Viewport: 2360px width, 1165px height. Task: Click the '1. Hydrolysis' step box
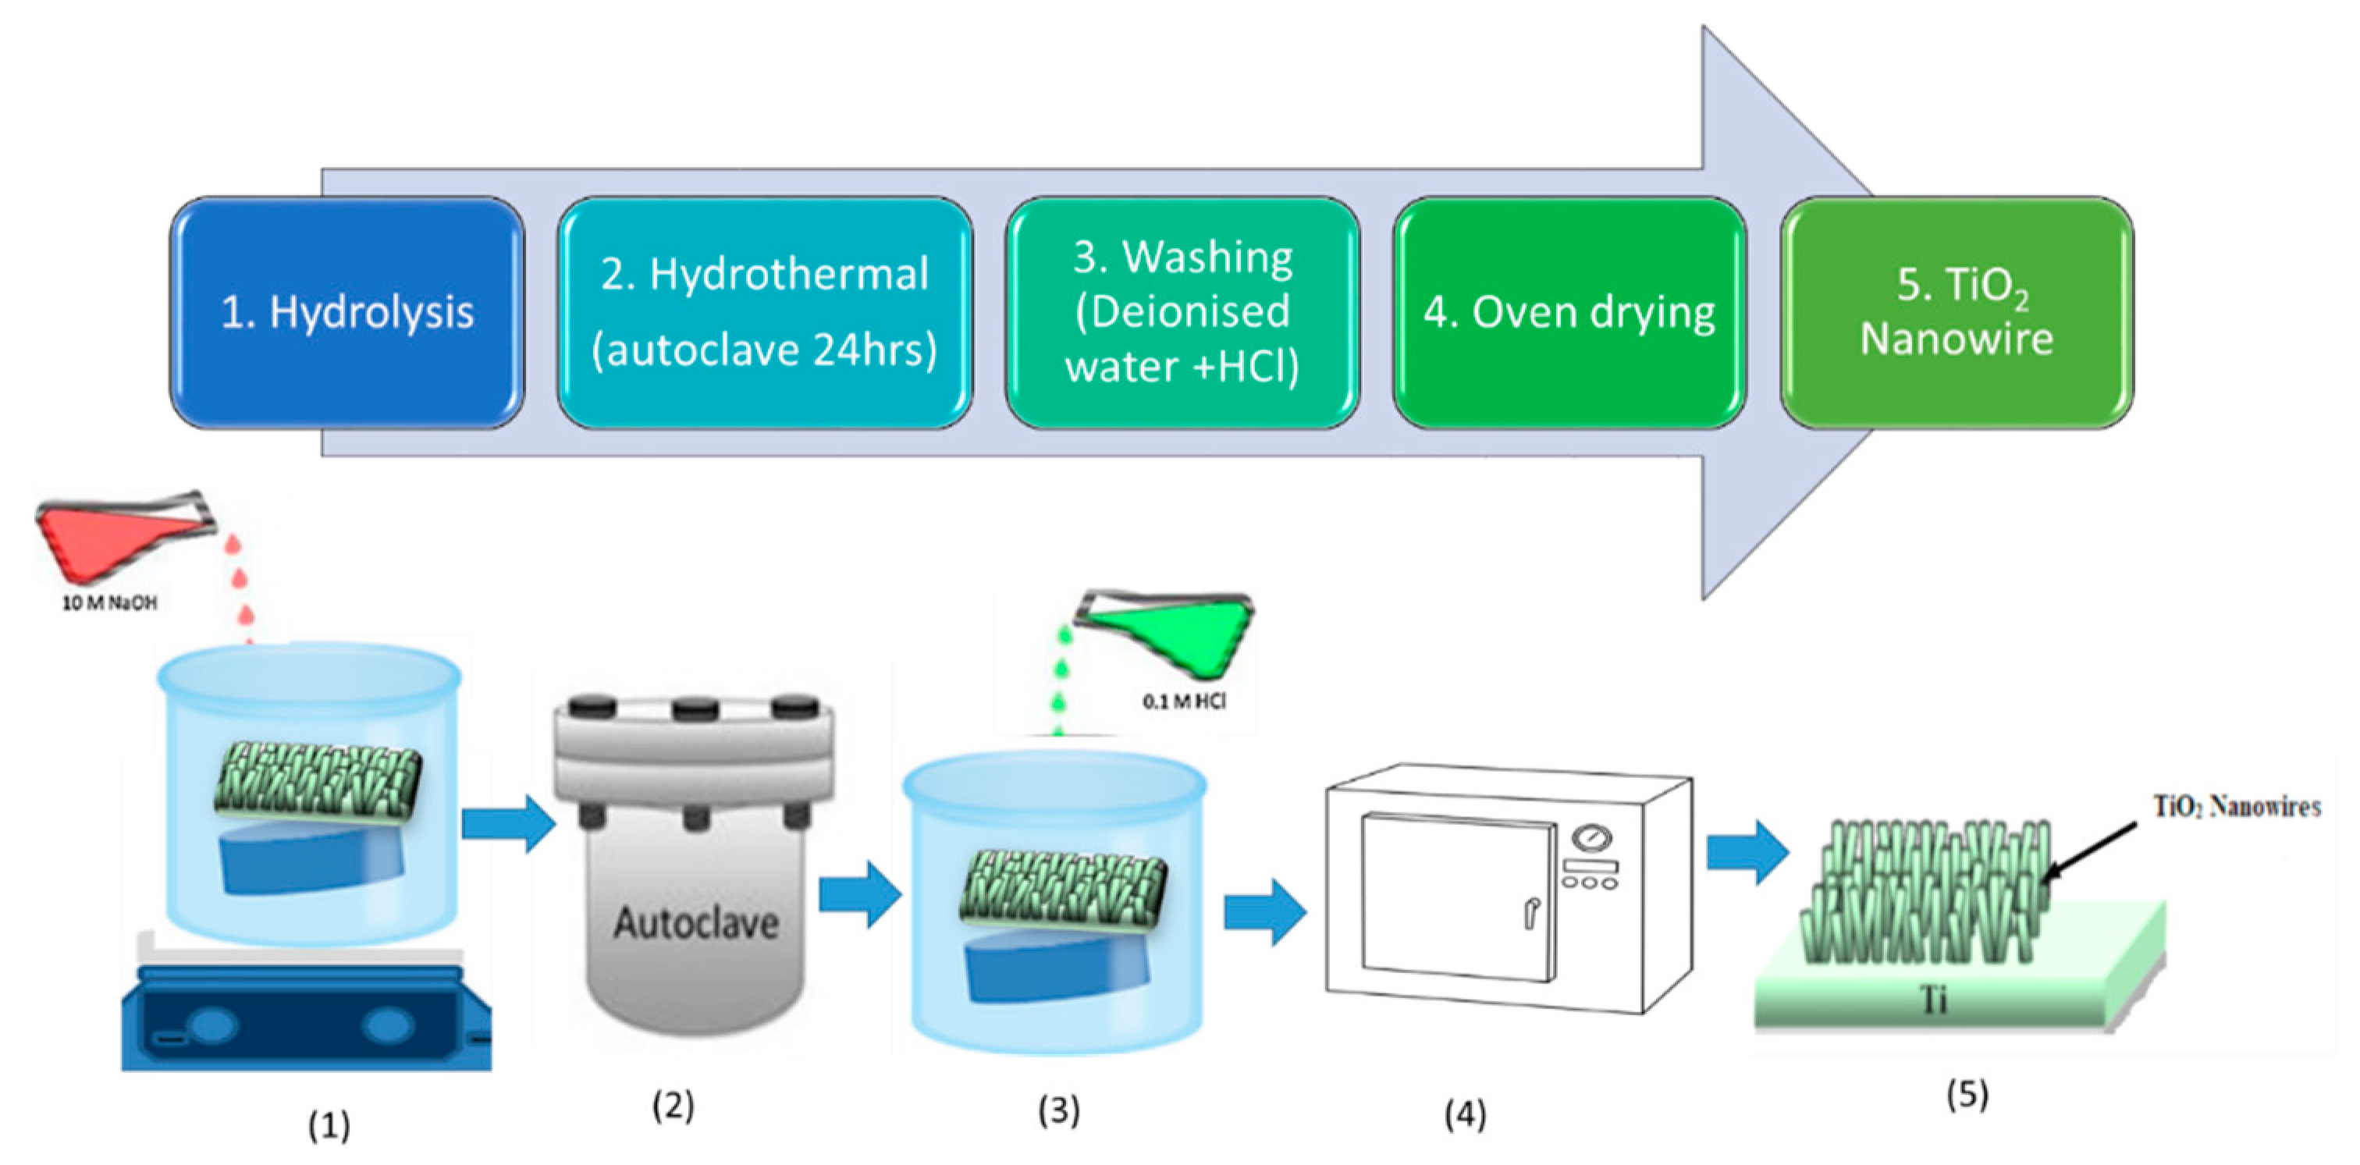347,312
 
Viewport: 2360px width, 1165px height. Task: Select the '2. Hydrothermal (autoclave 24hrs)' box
765,312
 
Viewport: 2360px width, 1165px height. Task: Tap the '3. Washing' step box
1182,312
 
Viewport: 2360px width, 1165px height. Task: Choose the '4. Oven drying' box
1569,312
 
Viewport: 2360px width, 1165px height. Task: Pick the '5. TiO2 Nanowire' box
1957,312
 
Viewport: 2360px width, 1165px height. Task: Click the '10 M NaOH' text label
109,602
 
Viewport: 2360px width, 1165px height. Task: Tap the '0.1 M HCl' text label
1184,701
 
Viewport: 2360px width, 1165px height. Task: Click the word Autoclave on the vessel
696,922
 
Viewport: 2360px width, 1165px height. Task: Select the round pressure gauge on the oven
1592,837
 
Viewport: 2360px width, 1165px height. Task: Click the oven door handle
1530,912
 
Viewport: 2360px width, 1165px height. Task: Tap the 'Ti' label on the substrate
1933,1000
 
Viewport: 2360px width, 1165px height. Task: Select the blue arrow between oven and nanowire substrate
1746,852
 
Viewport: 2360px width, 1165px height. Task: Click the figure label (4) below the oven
1465,1113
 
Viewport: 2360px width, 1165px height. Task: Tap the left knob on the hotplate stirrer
212,1025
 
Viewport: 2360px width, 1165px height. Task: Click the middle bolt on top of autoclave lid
695,707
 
